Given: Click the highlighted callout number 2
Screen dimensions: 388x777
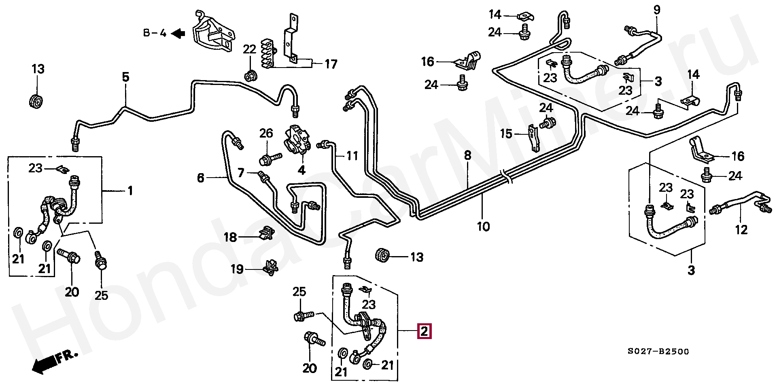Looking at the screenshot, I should click(424, 331).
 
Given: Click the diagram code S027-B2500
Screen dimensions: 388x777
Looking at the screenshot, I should click(658, 352).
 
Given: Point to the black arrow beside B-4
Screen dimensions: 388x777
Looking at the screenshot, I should click(178, 34).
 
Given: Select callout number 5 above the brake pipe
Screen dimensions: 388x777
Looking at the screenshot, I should click(125, 76).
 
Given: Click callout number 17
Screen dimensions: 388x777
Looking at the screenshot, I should click(331, 64).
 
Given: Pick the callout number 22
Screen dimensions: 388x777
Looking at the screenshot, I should click(249, 50).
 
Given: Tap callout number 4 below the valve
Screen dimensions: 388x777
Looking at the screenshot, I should click(301, 170).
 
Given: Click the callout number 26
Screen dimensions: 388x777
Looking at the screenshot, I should click(266, 133).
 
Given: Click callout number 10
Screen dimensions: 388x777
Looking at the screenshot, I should click(483, 226).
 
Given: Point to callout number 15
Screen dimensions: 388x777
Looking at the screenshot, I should click(506, 134).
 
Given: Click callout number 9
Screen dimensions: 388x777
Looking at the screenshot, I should click(656, 10).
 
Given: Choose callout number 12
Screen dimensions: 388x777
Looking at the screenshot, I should click(741, 230).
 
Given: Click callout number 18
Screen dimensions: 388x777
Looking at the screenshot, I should click(230, 237).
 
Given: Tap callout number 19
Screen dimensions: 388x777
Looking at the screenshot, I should click(237, 269).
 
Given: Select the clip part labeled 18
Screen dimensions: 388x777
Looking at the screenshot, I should click(267, 233).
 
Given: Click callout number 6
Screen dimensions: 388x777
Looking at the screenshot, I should click(201, 178).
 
